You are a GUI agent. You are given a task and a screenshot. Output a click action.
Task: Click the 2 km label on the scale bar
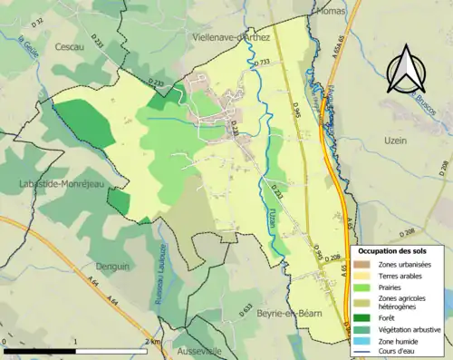[158, 342]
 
